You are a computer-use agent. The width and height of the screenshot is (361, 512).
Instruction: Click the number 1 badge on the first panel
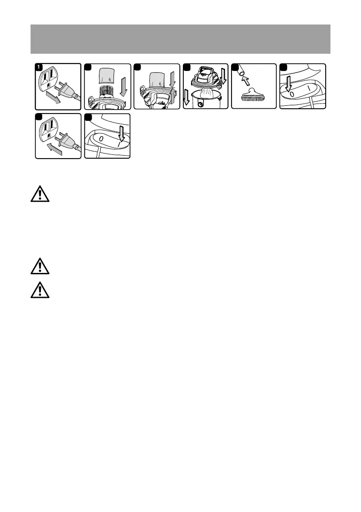[39, 67]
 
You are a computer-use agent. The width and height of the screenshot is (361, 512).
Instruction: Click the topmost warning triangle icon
[39, 195]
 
